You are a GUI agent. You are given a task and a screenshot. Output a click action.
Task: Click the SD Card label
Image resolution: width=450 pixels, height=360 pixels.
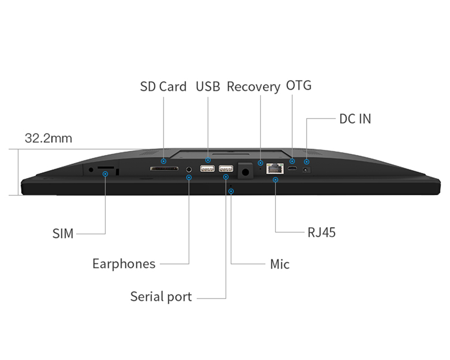[x=163, y=86]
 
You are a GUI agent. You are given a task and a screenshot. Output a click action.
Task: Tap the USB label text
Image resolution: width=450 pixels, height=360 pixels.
[x=208, y=86]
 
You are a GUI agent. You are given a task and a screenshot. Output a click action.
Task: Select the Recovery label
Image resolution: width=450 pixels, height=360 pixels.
[x=253, y=87]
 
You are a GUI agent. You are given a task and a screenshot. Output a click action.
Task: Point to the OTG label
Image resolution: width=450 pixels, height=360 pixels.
[x=299, y=85]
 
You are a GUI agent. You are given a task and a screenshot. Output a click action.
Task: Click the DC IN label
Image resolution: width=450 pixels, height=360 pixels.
[x=355, y=119]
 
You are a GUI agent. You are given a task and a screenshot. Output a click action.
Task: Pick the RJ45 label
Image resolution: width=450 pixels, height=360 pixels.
[x=321, y=233]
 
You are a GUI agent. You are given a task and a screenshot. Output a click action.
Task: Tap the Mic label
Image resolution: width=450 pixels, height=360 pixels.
[x=280, y=264]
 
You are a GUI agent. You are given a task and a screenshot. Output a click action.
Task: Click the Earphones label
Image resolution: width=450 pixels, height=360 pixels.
[x=124, y=264]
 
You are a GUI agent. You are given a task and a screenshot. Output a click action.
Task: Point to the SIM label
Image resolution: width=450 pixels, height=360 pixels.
[x=63, y=234]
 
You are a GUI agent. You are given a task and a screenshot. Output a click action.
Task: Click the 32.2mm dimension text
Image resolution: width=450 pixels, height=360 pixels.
[x=49, y=138]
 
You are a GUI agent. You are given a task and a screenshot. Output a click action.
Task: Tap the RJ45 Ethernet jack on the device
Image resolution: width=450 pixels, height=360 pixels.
[x=275, y=168]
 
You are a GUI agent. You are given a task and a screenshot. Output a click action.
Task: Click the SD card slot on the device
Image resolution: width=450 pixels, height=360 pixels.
[x=164, y=168]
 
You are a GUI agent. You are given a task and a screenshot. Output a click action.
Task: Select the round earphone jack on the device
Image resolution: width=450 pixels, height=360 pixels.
[x=189, y=169]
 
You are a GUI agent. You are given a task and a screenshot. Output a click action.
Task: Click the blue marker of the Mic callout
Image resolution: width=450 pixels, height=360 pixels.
[x=231, y=191]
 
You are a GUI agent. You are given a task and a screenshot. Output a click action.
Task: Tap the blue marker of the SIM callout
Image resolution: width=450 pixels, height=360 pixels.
[x=105, y=174]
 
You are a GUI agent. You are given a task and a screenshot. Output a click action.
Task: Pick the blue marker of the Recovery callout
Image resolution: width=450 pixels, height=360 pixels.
[x=260, y=163]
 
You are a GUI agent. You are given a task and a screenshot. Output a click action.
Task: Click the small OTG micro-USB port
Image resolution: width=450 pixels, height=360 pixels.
[x=292, y=168]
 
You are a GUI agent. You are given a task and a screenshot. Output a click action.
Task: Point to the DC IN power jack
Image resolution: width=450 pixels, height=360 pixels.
[x=306, y=170]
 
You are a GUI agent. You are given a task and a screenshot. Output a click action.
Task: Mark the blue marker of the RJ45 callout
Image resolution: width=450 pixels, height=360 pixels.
[x=275, y=180]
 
